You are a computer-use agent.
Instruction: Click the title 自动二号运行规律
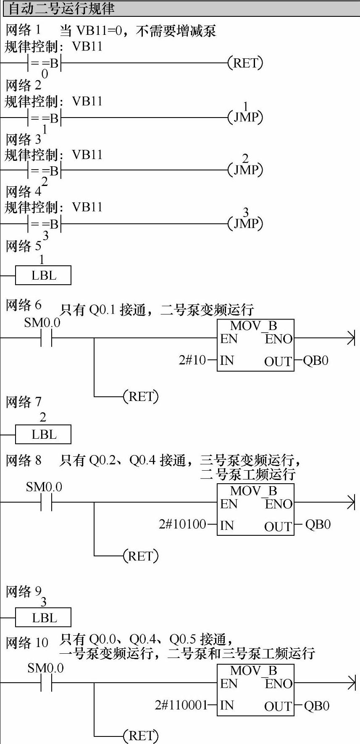[x=61, y=8]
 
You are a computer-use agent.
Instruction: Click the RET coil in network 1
[x=245, y=63]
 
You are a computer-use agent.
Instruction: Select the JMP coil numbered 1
[x=245, y=117]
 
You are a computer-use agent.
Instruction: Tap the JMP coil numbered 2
[x=245, y=170]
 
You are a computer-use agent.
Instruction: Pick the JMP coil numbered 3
[x=245, y=223]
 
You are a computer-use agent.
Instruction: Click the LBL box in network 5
[x=43, y=275]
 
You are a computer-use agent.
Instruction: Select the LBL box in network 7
[x=43, y=435]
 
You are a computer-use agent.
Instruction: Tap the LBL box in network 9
[x=43, y=618]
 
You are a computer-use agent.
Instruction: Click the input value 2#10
[x=192, y=360]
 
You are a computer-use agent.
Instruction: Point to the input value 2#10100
[x=182, y=524]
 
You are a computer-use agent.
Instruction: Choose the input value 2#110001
[x=181, y=705]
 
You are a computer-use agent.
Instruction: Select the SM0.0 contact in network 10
[x=46, y=683]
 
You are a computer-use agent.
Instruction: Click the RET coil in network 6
[x=140, y=396]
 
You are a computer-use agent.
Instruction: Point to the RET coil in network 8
[x=140, y=556]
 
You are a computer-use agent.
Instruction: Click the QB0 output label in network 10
[x=316, y=705]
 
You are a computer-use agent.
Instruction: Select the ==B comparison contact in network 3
[x=45, y=170]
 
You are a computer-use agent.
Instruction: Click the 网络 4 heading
[x=24, y=191]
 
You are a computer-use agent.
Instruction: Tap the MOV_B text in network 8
[x=254, y=490]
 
